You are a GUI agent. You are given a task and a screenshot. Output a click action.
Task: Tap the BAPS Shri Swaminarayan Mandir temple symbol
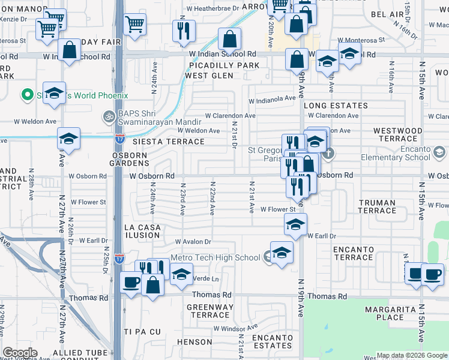pyautogui.click(x=109, y=116)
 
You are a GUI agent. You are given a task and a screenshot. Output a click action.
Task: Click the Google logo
pyautogui.click(x=20, y=353)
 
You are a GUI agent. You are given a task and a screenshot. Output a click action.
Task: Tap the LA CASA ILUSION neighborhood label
pyautogui.click(x=142, y=232)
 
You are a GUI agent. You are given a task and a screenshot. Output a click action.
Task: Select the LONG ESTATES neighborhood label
pyautogui.click(x=331, y=106)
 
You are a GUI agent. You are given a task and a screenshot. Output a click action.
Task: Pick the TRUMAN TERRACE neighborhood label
pyautogui.click(x=377, y=206)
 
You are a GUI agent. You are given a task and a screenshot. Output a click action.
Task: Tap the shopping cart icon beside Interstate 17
pyautogui.click(x=135, y=25)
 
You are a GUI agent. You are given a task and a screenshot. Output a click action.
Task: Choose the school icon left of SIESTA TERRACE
pyautogui.click(x=68, y=139)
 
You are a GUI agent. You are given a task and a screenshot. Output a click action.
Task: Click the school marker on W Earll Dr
pyautogui.click(x=295, y=224)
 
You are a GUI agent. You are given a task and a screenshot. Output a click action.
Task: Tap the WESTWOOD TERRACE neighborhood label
pyautogui.click(x=398, y=134)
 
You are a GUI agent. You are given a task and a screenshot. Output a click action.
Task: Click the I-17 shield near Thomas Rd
pyautogui.click(x=119, y=258)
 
